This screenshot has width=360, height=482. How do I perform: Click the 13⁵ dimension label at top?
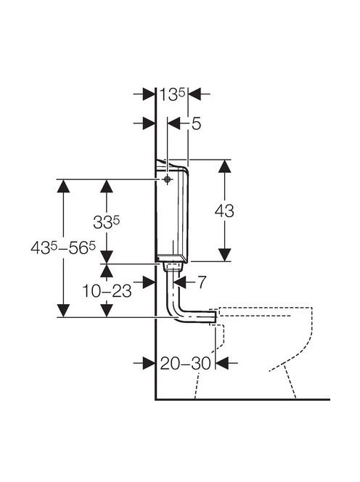pos(172,94)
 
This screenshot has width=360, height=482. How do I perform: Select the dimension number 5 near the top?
pos(196,124)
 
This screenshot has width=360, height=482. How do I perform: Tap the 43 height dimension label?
pos(224,211)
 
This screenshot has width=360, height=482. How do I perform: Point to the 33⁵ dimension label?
pos(107,222)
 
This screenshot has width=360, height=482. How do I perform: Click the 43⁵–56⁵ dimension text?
pos(63,248)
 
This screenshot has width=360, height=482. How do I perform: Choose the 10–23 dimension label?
pos(107,291)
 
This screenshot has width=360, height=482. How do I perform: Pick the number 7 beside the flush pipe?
pos(201,282)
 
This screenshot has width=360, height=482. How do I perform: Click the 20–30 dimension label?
pos(185,364)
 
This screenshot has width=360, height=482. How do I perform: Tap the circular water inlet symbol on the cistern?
pos(167,179)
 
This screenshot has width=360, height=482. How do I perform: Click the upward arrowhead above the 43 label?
pos(225,166)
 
